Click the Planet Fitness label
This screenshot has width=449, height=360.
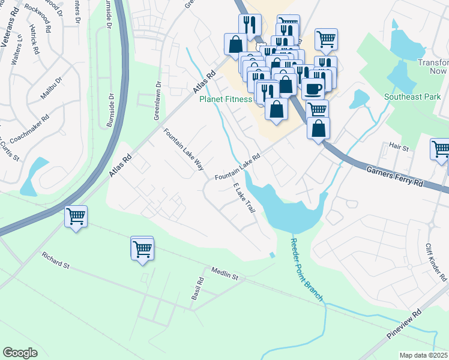tap(226, 100)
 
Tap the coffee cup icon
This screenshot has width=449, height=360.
tap(312, 89)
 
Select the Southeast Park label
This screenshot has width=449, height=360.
tap(414, 97)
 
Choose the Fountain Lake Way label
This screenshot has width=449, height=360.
tap(184, 151)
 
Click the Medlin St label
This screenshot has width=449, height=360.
tap(225, 274)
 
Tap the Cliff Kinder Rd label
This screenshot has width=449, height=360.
tap(436, 263)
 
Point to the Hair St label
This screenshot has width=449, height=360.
tap(399, 146)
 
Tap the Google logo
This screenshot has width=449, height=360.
tap(20, 352)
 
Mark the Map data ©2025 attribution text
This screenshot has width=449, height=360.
tap(424, 355)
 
